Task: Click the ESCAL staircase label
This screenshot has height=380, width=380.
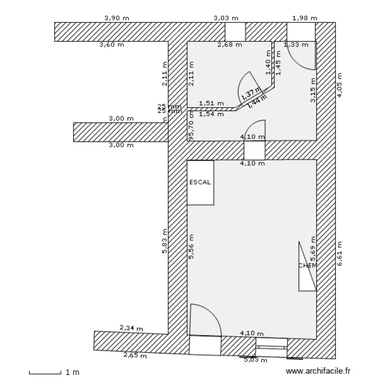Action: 200,182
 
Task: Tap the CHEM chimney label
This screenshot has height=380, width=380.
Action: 307,265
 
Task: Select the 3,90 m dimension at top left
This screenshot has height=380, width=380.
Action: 117,18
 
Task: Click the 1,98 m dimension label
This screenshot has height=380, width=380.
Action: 305,18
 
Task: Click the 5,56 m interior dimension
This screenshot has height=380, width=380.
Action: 192,247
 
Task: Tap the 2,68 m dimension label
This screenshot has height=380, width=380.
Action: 230,45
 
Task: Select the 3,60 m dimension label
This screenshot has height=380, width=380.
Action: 111,45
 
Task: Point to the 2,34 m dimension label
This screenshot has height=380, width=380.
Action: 131,328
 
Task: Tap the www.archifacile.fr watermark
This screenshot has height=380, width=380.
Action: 318,371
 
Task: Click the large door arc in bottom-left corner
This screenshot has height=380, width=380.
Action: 205,319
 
